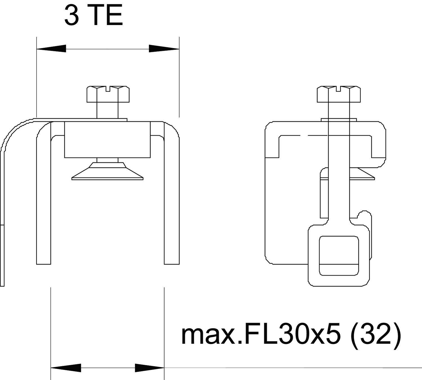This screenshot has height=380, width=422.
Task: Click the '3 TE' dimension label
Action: tap(93, 15)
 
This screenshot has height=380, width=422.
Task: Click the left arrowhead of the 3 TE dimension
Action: tap(51, 49)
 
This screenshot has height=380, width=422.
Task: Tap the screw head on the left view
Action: tap(108, 94)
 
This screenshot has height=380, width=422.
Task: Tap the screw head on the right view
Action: tap(339, 94)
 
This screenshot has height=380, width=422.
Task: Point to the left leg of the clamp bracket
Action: tap(44, 197)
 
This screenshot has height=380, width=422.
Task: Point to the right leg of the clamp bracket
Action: tap(172, 197)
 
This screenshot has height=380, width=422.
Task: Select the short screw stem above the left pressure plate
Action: tap(107, 160)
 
